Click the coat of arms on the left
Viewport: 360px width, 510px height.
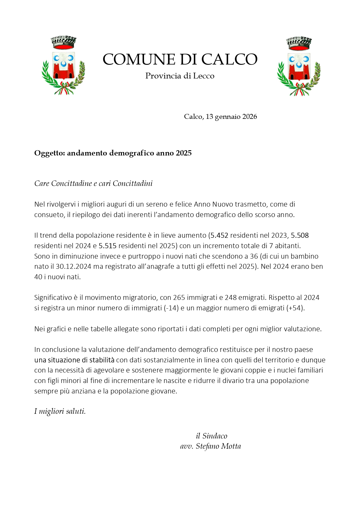point(63,66)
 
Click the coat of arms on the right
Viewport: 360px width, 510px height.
point(299,66)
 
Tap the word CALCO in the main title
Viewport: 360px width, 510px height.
point(229,59)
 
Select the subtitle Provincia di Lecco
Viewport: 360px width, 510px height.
point(180,76)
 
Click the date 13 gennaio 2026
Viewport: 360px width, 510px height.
point(231,117)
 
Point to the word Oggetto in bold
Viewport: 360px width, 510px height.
point(49,153)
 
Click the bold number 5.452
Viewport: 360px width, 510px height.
point(219,235)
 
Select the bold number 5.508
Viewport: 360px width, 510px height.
point(300,235)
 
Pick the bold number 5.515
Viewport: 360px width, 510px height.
point(107,246)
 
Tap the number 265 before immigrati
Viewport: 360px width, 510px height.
point(179,298)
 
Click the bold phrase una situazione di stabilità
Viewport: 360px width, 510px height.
point(74,360)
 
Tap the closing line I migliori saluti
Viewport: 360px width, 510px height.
point(60,411)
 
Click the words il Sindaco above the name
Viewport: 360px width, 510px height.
point(211,436)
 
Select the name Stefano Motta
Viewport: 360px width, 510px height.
point(218,446)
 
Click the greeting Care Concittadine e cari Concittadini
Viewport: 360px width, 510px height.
point(93,184)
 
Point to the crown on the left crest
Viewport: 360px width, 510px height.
point(63,43)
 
